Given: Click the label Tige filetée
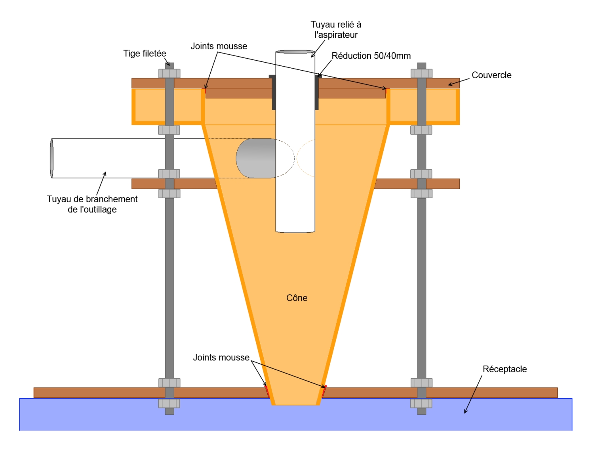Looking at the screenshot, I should pyautogui.click(x=145, y=54).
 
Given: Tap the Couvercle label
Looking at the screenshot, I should pyautogui.click(x=491, y=75).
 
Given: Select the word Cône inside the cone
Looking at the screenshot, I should pyautogui.click(x=297, y=298).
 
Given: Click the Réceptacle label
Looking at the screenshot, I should pyautogui.click(x=505, y=369).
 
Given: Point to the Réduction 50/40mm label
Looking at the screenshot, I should pyautogui.click(x=371, y=56).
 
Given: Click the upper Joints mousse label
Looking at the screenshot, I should pyautogui.click(x=219, y=46).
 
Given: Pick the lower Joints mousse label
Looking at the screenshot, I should pyautogui.click(x=221, y=358).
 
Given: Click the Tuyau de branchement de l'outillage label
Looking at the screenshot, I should pyautogui.click(x=92, y=204).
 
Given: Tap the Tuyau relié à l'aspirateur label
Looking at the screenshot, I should pyautogui.click(x=336, y=30).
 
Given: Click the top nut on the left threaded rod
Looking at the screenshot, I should pyautogui.click(x=169, y=73).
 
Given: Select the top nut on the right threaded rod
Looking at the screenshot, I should pyautogui.click(x=421, y=73).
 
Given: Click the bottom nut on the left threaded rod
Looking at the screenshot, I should pyautogui.click(x=169, y=404).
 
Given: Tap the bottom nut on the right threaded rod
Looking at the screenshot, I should pyautogui.click(x=421, y=404).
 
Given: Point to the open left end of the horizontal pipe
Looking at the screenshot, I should pyautogui.click(x=52, y=158).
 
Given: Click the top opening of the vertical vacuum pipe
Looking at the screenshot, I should pyautogui.click(x=295, y=52).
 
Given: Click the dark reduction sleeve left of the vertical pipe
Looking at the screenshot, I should pyautogui.click(x=273, y=92).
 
